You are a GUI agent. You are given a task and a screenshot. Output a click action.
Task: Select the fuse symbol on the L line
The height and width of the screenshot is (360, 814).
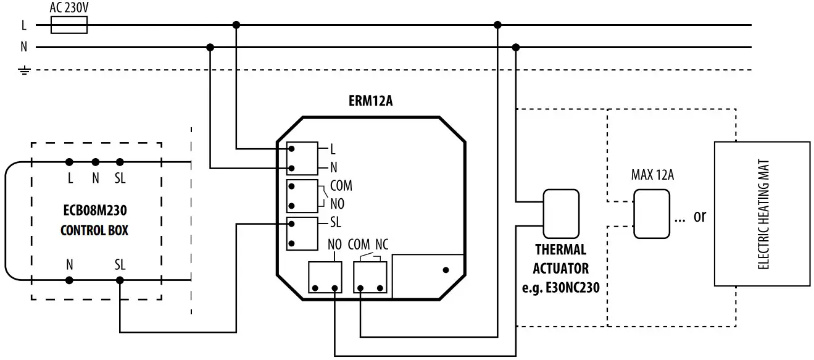(68, 25)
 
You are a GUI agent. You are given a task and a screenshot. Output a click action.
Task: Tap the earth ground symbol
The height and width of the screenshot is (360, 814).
(24, 70)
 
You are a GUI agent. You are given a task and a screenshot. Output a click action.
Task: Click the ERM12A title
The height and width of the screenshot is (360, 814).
(370, 101)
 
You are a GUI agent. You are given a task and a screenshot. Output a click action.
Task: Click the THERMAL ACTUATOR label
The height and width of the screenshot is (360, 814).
(560, 259)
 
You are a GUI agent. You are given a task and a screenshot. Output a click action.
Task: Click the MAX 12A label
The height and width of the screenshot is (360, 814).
(652, 175)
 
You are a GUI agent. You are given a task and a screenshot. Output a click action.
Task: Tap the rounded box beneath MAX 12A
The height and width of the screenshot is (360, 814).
(651, 214)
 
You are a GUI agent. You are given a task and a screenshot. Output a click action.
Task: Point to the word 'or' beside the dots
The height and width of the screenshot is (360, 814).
(700, 216)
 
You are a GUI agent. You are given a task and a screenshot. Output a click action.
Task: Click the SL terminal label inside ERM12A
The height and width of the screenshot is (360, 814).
(336, 223)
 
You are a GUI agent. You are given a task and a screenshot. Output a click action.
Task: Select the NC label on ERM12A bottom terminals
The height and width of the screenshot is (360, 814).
(382, 245)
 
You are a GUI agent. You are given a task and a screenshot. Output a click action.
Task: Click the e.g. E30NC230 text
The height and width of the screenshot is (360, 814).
(560, 287)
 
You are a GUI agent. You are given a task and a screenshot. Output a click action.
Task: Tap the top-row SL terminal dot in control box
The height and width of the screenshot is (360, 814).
(120, 162)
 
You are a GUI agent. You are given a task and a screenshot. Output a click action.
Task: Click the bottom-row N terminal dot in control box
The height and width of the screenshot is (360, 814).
(70, 280)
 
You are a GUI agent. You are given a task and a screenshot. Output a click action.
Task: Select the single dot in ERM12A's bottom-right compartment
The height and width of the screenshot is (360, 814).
(446, 270)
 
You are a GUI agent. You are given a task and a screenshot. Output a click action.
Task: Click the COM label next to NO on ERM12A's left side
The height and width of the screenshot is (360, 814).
(341, 186)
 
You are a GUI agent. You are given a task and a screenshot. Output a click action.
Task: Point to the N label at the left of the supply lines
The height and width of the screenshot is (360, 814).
(24, 47)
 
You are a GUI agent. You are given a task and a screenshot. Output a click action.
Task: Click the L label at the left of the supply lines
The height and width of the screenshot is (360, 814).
(24, 25)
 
